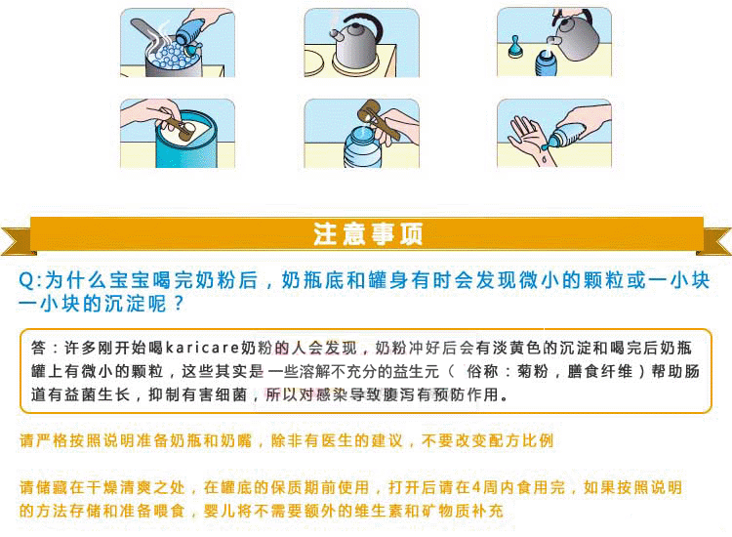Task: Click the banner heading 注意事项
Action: pyautogui.click(x=368, y=234)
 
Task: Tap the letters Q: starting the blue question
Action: pyautogui.click(x=30, y=280)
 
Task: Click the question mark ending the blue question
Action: pyautogui.click(x=179, y=305)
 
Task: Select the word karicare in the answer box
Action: pyautogui.click(x=203, y=348)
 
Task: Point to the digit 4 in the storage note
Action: pyautogui.click(x=476, y=487)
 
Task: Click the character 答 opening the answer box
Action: pyautogui.click(x=39, y=348)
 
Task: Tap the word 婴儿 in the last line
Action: pyautogui.click(x=220, y=511)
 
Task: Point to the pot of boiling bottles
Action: pyautogui.click(x=174, y=60)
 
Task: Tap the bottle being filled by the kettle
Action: pyautogui.click(x=546, y=63)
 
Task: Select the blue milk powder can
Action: pyautogui.click(x=186, y=140)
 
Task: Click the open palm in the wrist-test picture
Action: pyautogui.click(x=526, y=136)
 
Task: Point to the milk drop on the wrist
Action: pyautogui.click(x=544, y=160)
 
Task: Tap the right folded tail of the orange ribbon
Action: pyautogui.click(x=714, y=241)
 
